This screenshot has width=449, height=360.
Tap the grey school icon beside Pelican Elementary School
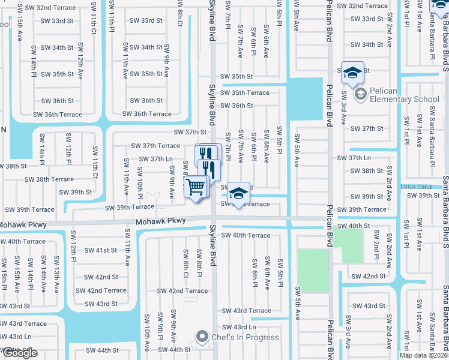(360, 94)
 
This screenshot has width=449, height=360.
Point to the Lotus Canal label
(417, 187)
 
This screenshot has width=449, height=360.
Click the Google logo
(19, 353)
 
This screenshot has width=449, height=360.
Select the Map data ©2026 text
(423, 355)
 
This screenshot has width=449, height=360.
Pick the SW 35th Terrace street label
(244, 92)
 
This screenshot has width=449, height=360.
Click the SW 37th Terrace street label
(155, 146)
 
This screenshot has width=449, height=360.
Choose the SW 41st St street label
(101, 250)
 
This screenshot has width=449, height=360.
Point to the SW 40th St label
(367, 226)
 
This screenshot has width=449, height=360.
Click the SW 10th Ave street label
(146, 336)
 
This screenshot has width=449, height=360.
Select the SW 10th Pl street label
(139, 187)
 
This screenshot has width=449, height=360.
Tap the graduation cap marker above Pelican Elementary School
(352, 73)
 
